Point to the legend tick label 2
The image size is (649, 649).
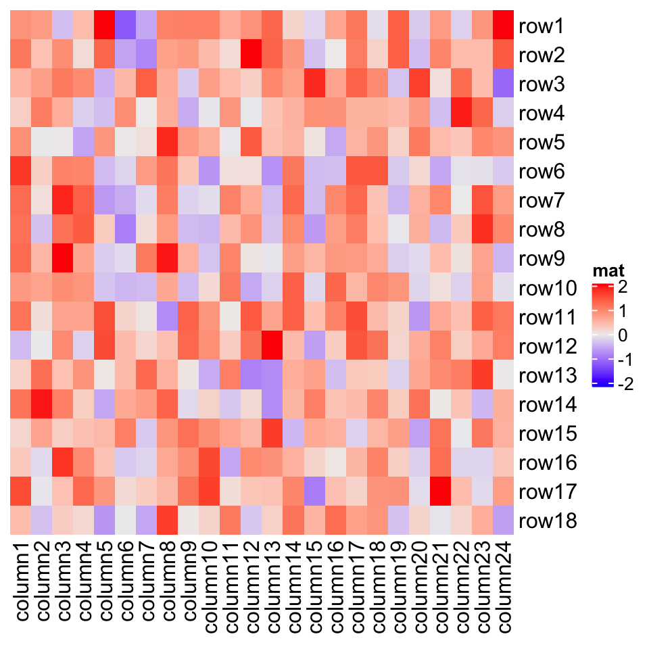(623, 287)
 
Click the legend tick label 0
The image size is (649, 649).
(623, 336)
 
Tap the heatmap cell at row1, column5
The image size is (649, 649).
(104, 27)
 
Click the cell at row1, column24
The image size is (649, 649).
(502, 27)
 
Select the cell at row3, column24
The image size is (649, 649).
(502, 85)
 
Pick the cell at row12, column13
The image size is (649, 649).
(272, 347)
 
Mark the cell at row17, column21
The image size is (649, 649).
(439, 492)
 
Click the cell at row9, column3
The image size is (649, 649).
(62, 260)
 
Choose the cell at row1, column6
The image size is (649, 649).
(125, 27)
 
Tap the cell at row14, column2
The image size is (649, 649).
(41, 405)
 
